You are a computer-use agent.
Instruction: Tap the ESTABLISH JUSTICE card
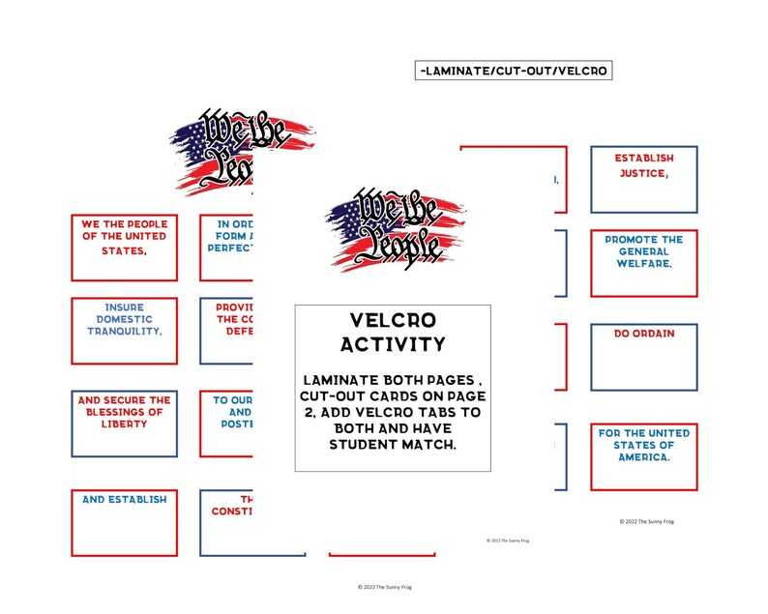643,180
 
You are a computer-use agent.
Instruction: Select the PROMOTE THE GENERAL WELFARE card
643,263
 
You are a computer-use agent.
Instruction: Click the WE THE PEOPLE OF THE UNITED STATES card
124,248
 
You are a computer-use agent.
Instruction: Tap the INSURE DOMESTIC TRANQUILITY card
124,331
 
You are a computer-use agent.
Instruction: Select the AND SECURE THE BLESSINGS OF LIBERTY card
124,423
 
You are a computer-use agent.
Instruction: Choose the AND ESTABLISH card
124,522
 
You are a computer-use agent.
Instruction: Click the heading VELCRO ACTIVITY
392,332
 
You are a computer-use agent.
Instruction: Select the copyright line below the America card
646,521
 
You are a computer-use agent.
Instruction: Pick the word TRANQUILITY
124,331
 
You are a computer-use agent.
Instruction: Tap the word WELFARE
643,262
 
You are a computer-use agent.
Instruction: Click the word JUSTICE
643,173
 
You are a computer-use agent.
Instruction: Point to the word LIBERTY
124,424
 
